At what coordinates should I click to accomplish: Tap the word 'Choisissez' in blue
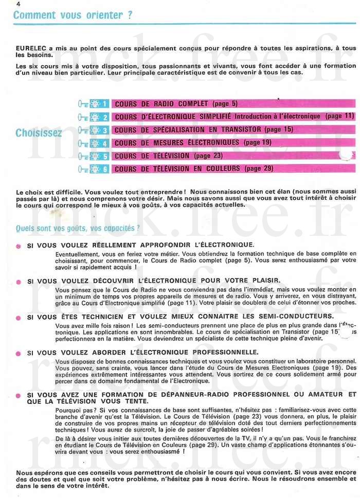click(39, 133)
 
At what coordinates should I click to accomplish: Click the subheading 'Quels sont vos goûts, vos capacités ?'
click(78, 228)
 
